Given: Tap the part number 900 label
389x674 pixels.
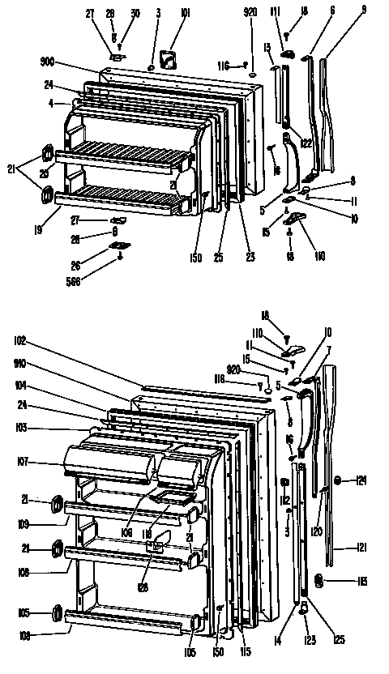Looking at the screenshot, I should click(45, 61).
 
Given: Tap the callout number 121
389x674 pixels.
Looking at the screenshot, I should click(360, 548).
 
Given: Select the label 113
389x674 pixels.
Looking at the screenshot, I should click(360, 582).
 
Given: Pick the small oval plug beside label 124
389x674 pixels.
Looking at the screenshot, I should click(339, 480).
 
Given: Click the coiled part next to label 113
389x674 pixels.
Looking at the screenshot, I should click(318, 580).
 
